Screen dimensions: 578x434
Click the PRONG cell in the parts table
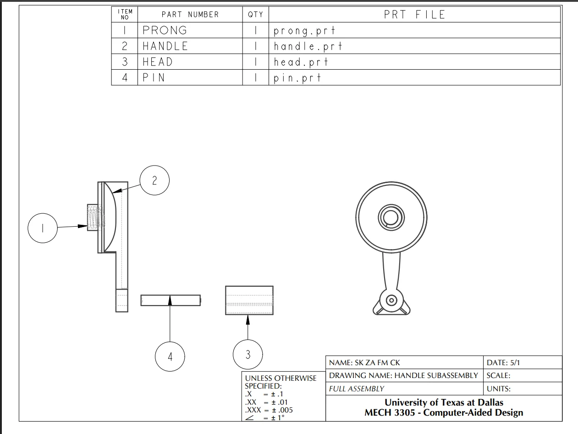(x=165, y=30)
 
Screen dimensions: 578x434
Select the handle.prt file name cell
(x=308, y=46)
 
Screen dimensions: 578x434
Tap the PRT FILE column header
(x=414, y=15)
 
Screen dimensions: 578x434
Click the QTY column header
(x=255, y=15)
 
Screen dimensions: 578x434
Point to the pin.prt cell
(x=297, y=78)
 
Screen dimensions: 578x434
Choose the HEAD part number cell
(x=158, y=62)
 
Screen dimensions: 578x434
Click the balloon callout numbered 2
(x=154, y=180)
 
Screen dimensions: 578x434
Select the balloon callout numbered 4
(x=170, y=356)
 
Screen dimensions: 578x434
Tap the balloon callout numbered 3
(x=248, y=355)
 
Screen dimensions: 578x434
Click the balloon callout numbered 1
(x=43, y=228)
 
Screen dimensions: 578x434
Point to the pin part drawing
(x=171, y=300)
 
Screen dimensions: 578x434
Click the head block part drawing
(x=249, y=300)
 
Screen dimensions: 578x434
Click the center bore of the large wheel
(x=391, y=217)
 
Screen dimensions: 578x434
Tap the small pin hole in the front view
(x=391, y=300)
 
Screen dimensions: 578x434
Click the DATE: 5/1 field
(x=503, y=363)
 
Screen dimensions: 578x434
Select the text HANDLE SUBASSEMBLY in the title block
(x=436, y=375)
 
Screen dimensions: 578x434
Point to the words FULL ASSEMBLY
(x=356, y=389)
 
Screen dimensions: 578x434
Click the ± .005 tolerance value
(x=282, y=410)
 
